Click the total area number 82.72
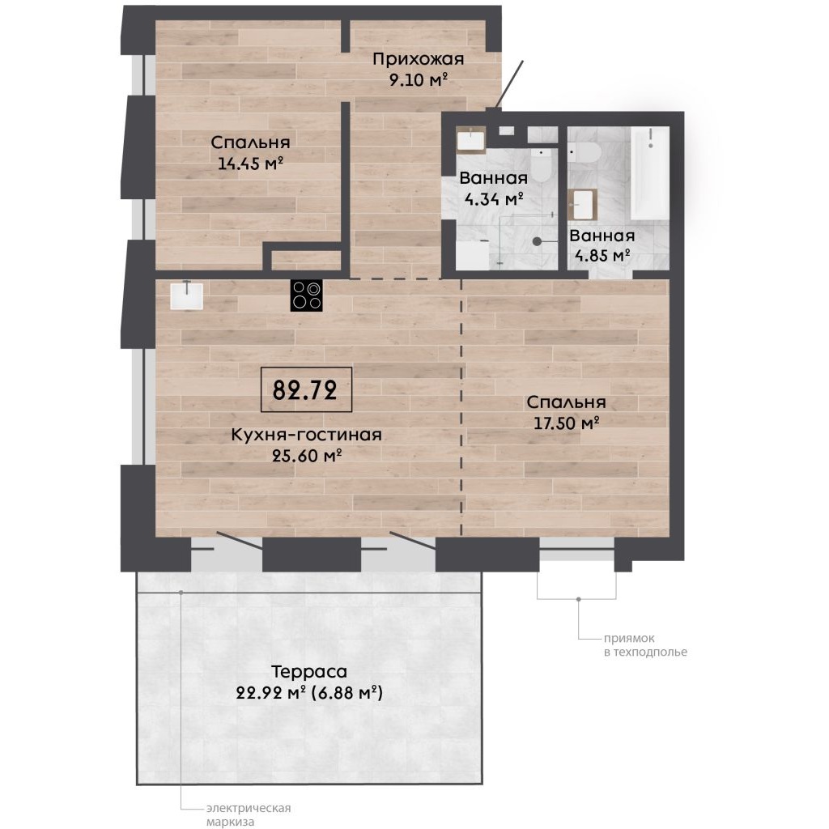[x=305, y=390]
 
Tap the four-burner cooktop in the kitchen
[x=306, y=295]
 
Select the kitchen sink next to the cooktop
[x=187, y=295]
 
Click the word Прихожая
[x=419, y=59]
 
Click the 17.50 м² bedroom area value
[x=566, y=423]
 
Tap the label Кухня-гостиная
[x=307, y=435]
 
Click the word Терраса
[x=309, y=671]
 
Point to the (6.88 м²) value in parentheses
[x=346, y=692]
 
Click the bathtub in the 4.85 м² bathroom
[x=650, y=173]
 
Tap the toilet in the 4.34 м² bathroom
[x=542, y=163]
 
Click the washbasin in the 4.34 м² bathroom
[x=471, y=139]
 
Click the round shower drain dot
[x=537, y=241]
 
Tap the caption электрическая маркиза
[x=249, y=814]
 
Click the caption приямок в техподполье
[x=645, y=645]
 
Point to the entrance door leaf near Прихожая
[x=510, y=85]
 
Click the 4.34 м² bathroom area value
[x=494, y=199]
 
